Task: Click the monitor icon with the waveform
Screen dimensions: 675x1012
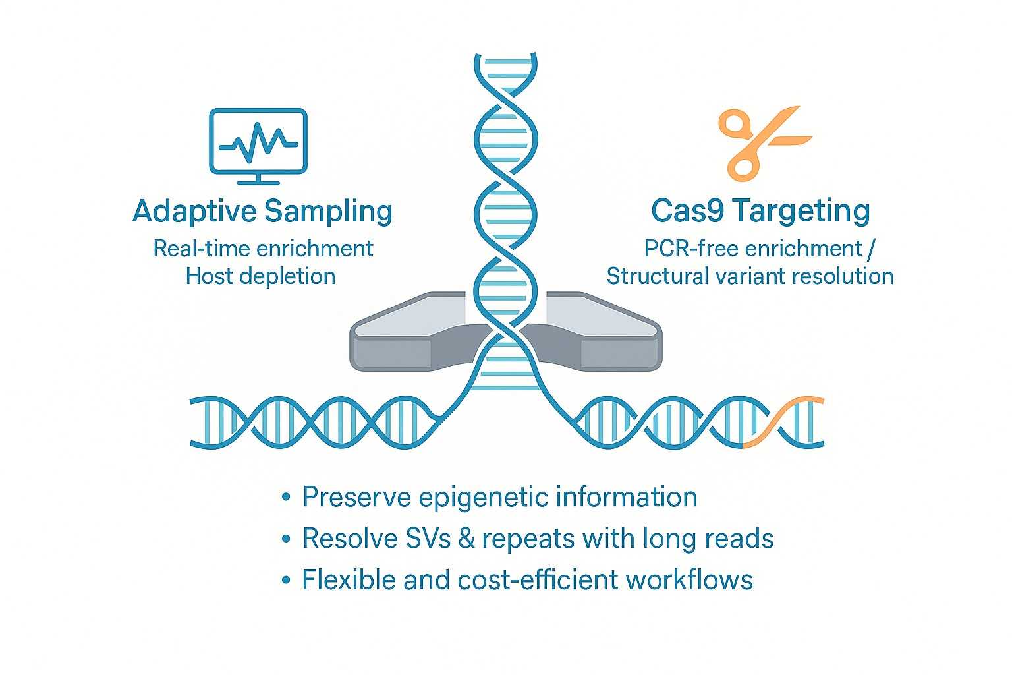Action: coord(258,141)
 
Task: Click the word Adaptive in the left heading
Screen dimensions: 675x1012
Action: coord(194,212)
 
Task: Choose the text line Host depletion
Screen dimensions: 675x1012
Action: coord(261,276)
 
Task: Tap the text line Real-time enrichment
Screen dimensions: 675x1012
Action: coord(263,249)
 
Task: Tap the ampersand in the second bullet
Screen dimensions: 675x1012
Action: coord(466,539)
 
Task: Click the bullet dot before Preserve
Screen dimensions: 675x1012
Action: coord(285,498)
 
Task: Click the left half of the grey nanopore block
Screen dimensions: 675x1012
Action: coord(408,336)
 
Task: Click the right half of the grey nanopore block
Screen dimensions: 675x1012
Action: coord(600,336)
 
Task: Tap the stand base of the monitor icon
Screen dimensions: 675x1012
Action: coord(258,182)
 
